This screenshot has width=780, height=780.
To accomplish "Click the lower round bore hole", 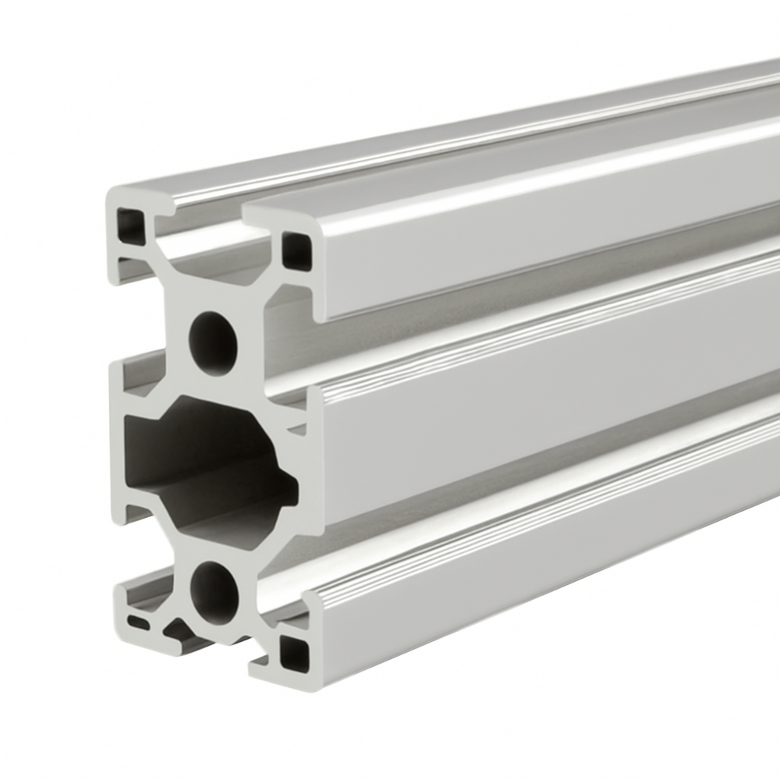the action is pos(214,593).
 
